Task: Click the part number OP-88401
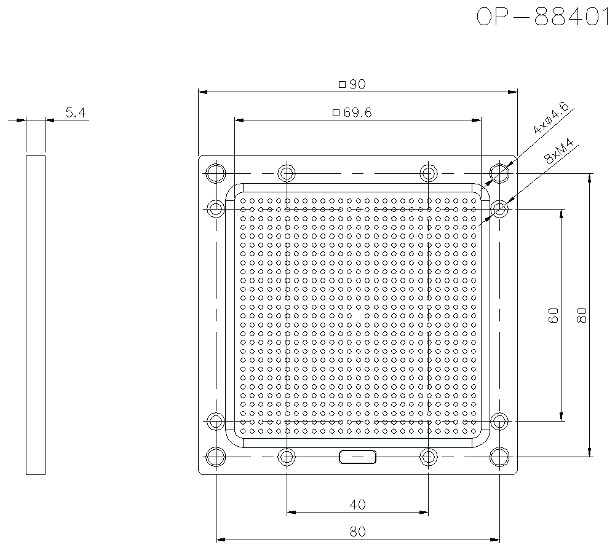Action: coord(545,17)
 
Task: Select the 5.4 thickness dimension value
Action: coord(75,112)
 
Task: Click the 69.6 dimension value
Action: coord(358,112)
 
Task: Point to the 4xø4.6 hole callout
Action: coord(551,119)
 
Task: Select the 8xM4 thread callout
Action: coord(558,151)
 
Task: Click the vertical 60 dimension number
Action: coord(553,315)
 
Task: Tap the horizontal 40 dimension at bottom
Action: coord(357,505)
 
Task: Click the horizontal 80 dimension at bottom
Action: coord(357,532)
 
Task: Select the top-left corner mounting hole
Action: coord(216,173)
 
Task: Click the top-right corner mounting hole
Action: coord(500,173)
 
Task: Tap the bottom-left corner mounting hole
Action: coord(216,457)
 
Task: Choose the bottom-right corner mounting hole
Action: coord(500,457)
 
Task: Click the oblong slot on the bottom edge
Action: coord(357,457)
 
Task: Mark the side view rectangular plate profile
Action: coord(36,315)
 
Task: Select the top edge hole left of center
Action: coord(287,173)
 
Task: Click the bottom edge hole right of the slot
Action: coord(429,457)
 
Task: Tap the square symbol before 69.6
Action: coord(336,112)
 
